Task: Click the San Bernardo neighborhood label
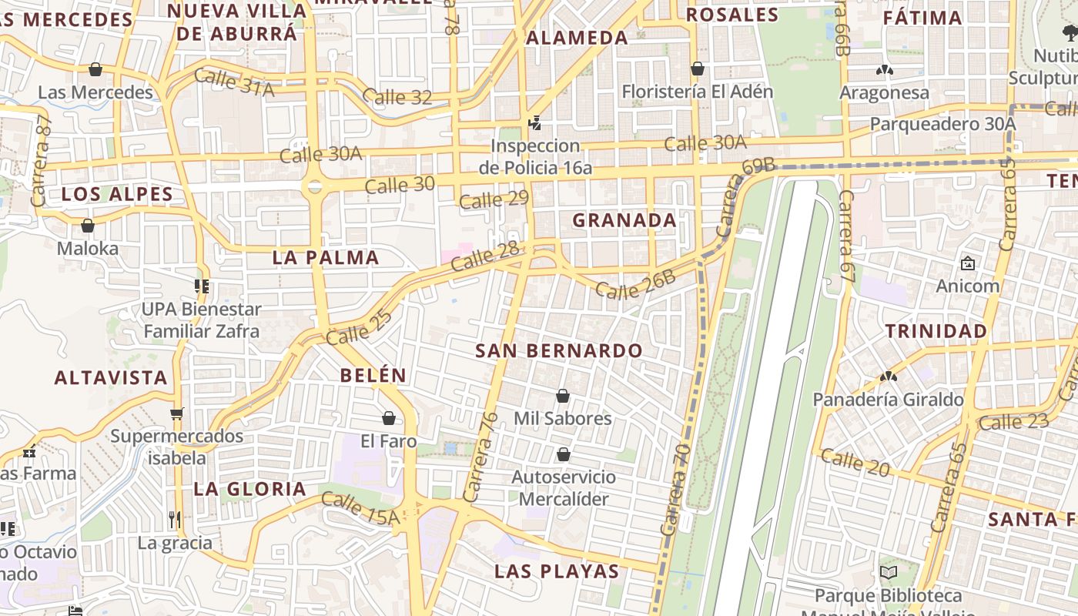pyautogui.click(x=558, y=351)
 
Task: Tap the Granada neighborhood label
pyautogui.click(x=624, y=220)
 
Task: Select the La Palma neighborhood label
pyautogui.click(x=326, y=258)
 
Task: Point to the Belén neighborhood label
pyautogui.click(x=373, y=376)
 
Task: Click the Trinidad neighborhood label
pyautogui.click(x=936, y=332)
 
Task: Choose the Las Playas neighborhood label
pyautogui.click(x=557, y=571)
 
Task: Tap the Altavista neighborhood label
pyautogui.click(x=111, y=378)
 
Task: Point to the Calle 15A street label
pyautogui.click(x=360, y=508)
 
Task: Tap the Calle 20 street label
pyautogui.click(x=855, y=462)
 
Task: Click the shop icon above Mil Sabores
pyautogui.click(x=563, y=397)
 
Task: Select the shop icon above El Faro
pyautogui.click(x=389, y=418)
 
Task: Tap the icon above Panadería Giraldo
pyautogui.click(x=889, y=377)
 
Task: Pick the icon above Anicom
pyautogui.click(x=968, y=264)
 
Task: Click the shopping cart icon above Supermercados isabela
pyautogui.click(x=178, y=413)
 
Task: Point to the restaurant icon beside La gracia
pyautogui.click(x=175, y=520)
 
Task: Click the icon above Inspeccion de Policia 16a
pyautogui.click(x=534, y=123)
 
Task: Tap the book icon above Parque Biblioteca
pyautogui.click(x=889, y=573)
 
